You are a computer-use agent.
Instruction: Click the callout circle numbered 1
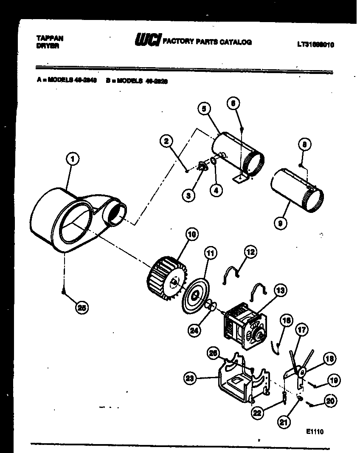73,160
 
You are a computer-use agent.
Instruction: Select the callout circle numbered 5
204,109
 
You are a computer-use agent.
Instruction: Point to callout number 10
191,234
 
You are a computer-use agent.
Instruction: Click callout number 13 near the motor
280,291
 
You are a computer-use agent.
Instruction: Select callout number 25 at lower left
82,309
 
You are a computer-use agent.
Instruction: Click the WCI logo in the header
147,41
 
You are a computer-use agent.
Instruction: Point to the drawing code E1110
315,431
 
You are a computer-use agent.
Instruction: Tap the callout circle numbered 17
302,329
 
